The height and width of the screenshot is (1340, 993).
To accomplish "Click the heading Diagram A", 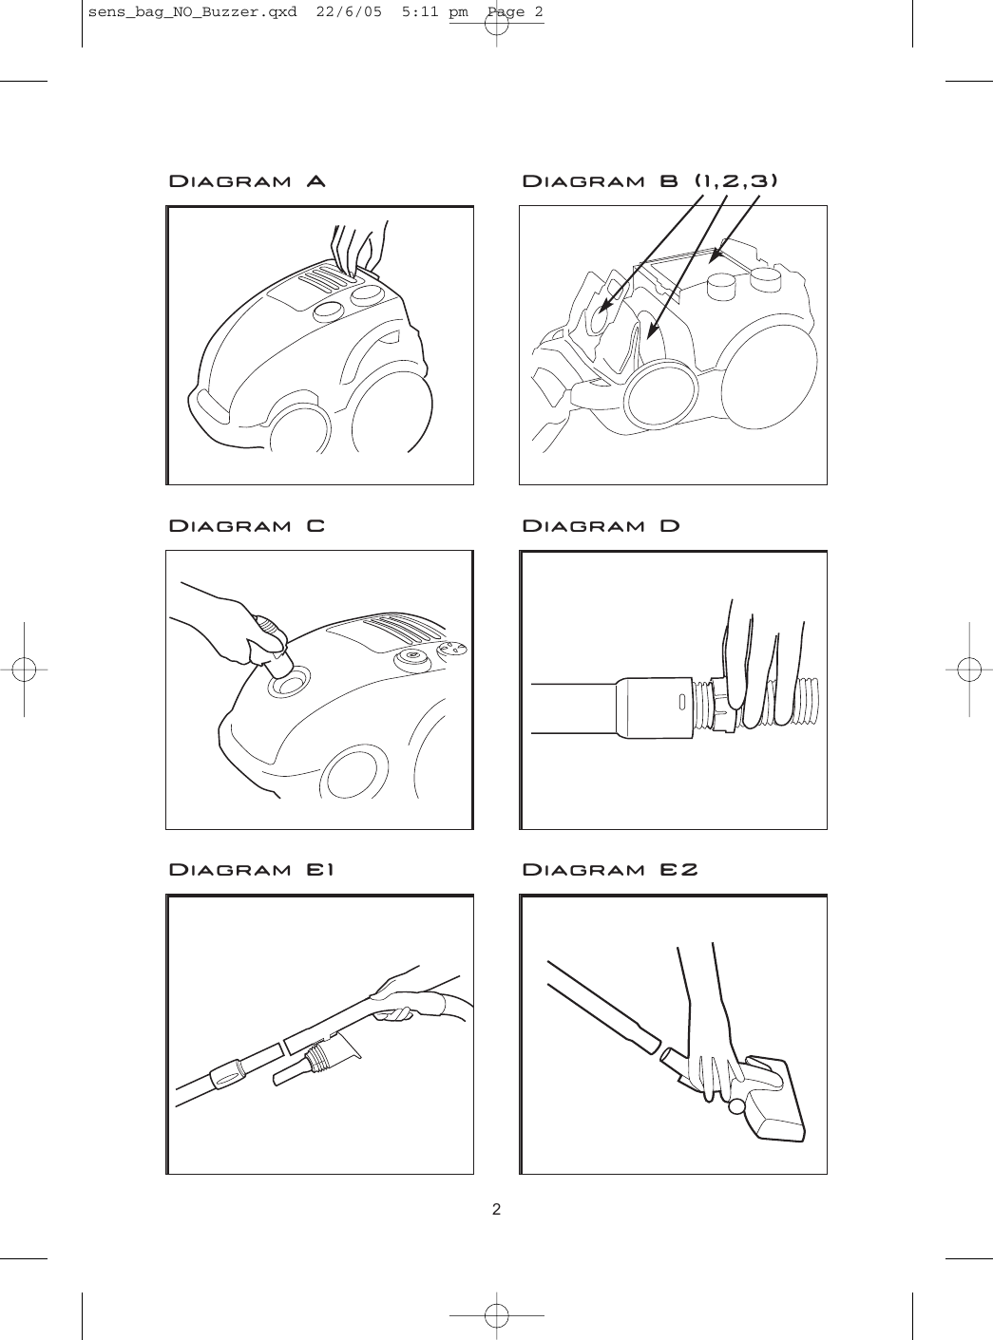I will [247, 181].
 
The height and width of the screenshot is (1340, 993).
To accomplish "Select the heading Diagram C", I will [247, 526].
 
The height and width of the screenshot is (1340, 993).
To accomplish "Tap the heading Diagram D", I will [602, 526].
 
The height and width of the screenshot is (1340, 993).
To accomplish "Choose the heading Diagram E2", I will [610, 870].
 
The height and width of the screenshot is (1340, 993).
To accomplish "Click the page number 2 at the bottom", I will [496, 1210].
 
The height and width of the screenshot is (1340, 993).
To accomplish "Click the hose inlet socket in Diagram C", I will [290, 681].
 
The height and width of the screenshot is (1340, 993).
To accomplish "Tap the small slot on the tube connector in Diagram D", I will [681, 704].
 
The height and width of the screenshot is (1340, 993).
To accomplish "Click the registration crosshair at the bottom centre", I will [496, 1315].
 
